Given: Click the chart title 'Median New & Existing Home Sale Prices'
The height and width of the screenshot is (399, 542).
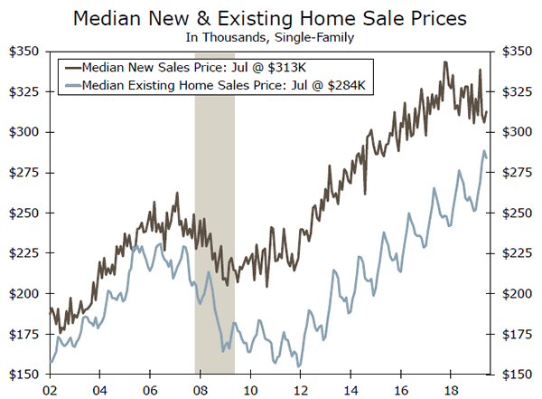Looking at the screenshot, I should tap(270, 17).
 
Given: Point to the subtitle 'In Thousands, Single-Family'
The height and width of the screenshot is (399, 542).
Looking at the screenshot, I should tap(270, 37).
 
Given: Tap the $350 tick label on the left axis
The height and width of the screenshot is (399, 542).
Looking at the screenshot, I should tap(23, 52).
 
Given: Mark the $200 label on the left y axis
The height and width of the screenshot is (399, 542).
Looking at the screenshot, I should tap(23, 294).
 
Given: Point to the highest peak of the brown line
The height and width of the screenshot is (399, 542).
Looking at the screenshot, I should tap(445, 62).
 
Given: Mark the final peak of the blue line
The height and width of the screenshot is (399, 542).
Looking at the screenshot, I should tap(484, 151).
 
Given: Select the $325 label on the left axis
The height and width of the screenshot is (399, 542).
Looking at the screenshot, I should tap(23, 91).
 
